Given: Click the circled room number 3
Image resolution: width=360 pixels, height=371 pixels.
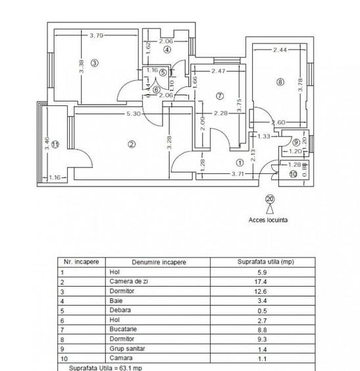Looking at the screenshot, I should [x=95, y=63].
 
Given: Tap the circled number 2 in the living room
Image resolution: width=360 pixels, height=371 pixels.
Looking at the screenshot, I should [x=132, y=144].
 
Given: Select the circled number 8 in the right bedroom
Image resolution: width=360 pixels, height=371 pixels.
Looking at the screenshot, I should [x=280, y=82].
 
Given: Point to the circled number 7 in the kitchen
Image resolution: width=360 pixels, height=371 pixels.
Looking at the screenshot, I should [x=220, y=96].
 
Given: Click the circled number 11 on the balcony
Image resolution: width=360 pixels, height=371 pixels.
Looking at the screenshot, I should [x=56, y=144].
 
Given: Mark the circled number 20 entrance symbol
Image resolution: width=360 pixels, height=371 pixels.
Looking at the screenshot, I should [x=269, y=199].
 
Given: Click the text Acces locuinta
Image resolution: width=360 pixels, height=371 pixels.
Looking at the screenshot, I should [x=269, y=220].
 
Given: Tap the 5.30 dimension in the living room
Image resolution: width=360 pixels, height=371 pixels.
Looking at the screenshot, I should [x=132, y=114].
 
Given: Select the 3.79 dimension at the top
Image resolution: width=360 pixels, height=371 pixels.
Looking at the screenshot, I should [x=97, y=36].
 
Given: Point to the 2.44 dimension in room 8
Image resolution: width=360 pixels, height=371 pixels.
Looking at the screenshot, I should [x=280, y=49].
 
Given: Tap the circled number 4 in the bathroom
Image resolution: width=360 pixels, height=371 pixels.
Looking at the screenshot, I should [x=168, y=49].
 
